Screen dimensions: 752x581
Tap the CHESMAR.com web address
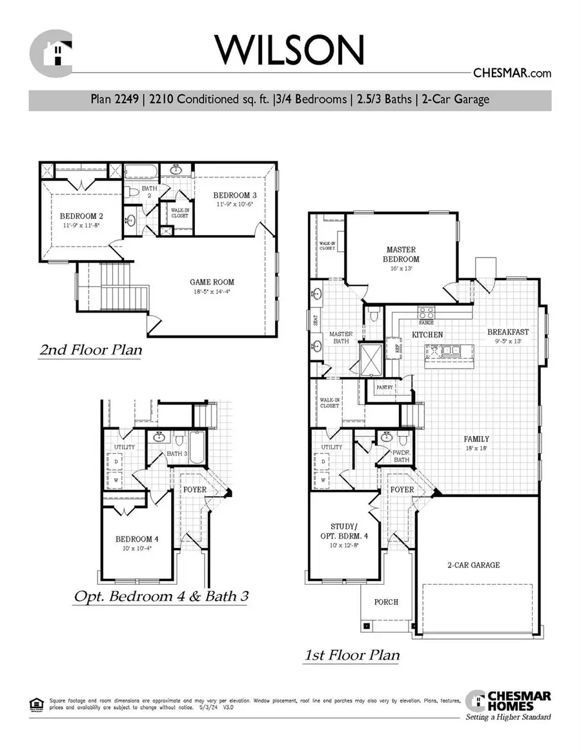[513, 74]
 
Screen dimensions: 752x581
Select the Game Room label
[212, 282]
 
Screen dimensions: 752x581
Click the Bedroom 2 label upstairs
[81, 216]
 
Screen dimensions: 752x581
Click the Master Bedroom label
[401, 254]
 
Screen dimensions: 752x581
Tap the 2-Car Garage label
[474, 565]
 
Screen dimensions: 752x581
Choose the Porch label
[387, 602]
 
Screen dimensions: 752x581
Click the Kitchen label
[427, 335]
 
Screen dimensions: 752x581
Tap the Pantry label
[376, 387]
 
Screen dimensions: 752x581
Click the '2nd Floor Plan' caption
[90, 350]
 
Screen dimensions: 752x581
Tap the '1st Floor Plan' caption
[352, 655]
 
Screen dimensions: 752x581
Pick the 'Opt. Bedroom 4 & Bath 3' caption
[160, 596]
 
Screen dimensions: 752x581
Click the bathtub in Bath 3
[196, 447]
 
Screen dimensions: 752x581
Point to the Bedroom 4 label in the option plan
[137, 539]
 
